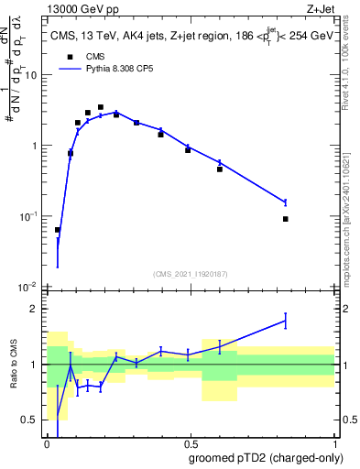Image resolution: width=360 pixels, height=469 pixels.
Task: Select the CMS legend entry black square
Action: click(69, 57)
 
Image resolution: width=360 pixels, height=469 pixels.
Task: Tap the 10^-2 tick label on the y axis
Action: click(27, 287)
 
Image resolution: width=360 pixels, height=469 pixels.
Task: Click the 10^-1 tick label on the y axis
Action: click(27, 216)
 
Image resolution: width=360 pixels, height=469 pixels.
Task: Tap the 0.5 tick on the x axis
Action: click(191, 442)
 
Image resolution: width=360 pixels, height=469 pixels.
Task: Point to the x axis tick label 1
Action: click(335, 442)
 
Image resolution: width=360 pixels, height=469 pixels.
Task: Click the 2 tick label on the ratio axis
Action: click(36, 309)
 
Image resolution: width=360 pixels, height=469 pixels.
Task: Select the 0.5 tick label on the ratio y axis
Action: click(31, 420)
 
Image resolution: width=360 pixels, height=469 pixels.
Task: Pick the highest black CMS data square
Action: click(100, 107)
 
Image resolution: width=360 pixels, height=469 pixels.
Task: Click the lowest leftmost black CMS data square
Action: click(58, 230)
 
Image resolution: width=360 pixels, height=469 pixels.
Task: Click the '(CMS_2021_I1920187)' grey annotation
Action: click(191, 273)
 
